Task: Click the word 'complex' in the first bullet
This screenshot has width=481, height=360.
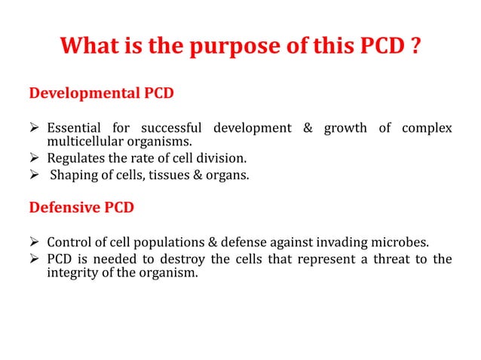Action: click(x=427, y=128)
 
